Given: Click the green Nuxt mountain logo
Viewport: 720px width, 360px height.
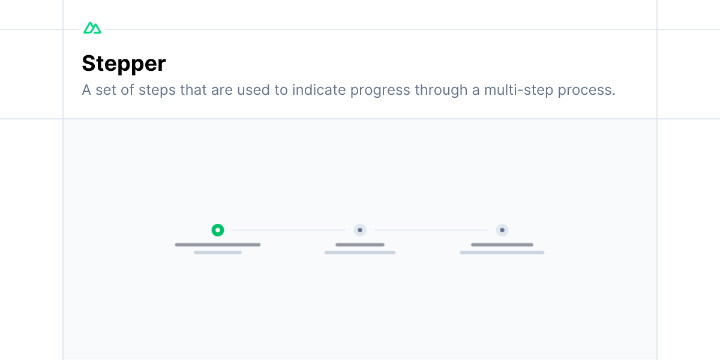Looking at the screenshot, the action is pos(92,28).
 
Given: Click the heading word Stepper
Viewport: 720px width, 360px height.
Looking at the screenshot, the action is pos(124,64).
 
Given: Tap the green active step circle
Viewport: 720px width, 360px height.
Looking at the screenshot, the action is pos(218,230).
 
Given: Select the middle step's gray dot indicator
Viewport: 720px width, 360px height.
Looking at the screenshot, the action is pos(360,230).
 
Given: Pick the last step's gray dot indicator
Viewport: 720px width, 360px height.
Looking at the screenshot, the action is pos(502,230).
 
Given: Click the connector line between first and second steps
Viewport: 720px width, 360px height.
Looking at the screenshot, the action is pos(289,230).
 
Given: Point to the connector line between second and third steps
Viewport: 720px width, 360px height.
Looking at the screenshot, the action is pos(431,230).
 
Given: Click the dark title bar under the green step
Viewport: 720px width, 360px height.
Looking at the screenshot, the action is pos(218,245).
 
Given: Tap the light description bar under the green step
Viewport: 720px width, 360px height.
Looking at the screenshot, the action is pos(218,253).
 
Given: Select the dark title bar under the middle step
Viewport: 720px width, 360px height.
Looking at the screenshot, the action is pos(360,245).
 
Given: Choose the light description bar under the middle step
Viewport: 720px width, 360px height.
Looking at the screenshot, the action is pos(360,253).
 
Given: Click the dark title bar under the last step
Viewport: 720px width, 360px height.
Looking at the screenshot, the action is pos(502,245).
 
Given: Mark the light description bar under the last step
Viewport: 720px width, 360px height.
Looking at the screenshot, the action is pos(502,253).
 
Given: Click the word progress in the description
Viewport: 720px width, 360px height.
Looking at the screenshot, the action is pos(380,91).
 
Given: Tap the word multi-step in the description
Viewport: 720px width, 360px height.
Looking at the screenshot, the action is pos(518,90).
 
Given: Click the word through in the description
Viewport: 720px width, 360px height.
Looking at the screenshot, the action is pos(441,91).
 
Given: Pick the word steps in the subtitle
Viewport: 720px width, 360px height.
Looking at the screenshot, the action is pos(157,91).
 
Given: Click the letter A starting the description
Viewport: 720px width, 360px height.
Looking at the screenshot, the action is pos(86,90).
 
